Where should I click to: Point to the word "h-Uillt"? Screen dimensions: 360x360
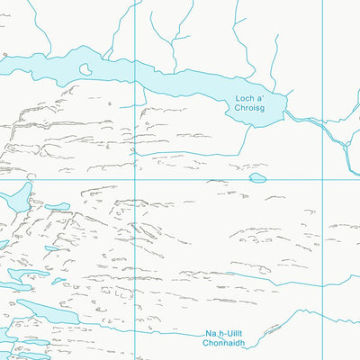click(x=233, y=331)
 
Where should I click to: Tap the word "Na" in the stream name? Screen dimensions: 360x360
click(x=210, y=331)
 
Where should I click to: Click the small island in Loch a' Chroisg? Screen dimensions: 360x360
click(x=85, y=68)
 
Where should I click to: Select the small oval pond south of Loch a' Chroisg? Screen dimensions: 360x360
click(x=258, y=178)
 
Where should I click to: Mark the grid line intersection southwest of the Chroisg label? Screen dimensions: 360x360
click(x=135, y=177)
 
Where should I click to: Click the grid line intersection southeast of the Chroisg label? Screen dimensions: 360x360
click(x=322, y=177)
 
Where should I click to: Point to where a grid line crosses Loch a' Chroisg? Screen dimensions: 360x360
click(x=135, y=76)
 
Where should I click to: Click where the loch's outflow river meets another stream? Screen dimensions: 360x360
click(x=346, y=144)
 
